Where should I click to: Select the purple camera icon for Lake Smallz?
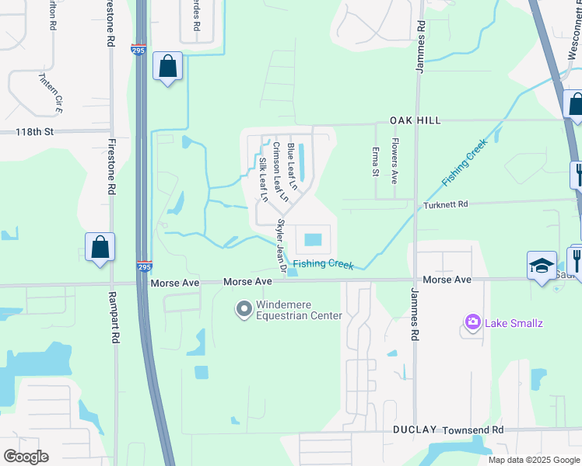point(472,322)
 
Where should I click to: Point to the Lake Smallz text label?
point(514,322)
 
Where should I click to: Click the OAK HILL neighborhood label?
point(415,120)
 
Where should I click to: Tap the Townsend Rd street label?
point(472,430)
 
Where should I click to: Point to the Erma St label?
point(375,161)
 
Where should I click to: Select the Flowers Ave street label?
point(394,161)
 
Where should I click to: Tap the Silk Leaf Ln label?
point(263,180)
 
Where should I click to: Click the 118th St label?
point(34,132)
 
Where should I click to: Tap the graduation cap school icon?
point(542,265)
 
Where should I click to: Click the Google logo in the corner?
point(26,457)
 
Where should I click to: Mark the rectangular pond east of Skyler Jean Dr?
point(313,238)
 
